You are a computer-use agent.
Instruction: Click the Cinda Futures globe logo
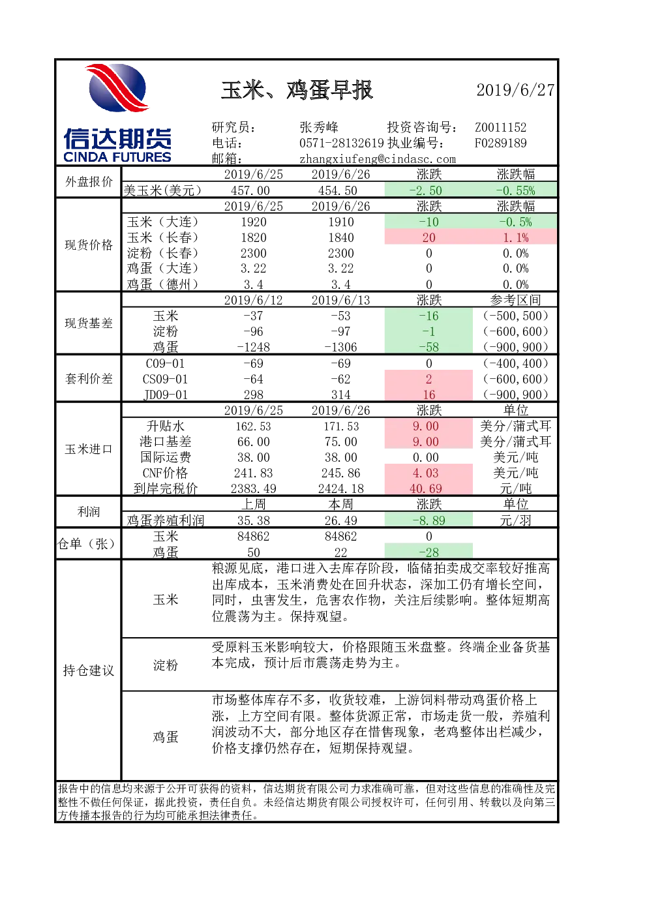click(x=117, y=87)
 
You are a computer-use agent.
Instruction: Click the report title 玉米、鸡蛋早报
click(x=297, y=90)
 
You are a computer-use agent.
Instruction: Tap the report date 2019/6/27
click(x=515, y=90)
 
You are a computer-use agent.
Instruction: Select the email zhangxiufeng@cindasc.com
click(x=378, y=159)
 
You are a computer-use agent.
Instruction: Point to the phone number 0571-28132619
click(x=342, y=143)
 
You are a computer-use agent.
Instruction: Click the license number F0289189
click(x=500, y=143)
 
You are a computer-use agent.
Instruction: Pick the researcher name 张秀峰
click(x=319, y=127)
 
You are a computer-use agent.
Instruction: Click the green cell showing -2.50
click(x=429, y=190)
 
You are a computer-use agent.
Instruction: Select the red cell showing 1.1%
click(x=515, y=237)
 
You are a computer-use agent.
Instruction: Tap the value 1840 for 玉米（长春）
click(x=340, y=237)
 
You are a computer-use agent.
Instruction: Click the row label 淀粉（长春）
click(x=162, y=253)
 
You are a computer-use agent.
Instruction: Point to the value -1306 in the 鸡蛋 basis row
click(x=340, y=347)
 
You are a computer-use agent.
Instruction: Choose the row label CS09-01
click(x=165, y=379)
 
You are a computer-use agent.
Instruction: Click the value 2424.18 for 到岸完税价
click(x=340, y=488)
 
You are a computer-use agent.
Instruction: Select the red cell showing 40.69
click(x=429, y=488)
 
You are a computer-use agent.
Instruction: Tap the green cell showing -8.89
click(x=429, y=520)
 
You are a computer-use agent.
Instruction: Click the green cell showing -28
click(x=429, y=552)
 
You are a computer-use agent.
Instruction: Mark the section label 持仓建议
click(x=89, y=670)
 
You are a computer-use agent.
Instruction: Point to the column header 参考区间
click(x=515, y=300)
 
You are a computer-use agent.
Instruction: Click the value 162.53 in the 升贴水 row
click(x=253, y=426)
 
